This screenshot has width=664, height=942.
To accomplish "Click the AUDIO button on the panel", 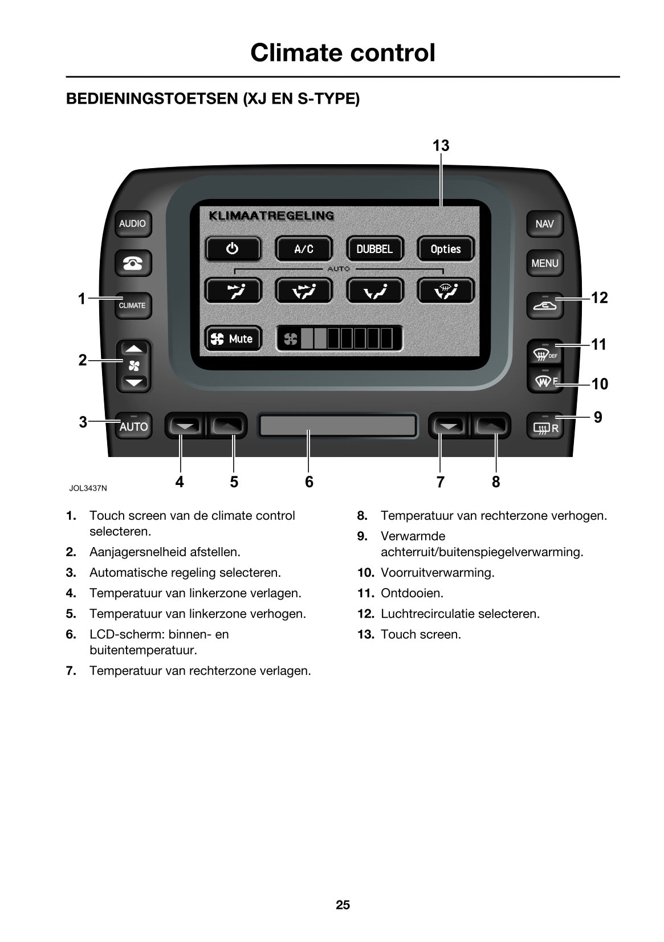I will [132, 223].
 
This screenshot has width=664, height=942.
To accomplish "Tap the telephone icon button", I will [133, 263].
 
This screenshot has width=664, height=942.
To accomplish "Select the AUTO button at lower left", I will [133, 426].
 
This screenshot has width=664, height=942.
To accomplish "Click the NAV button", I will [544, 223].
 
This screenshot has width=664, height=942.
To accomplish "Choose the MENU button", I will [544, 263].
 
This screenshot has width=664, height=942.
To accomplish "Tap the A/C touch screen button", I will [303, 249].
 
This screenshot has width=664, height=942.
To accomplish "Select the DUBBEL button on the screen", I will [374, 249].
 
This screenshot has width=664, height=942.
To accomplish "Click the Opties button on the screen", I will [445, 249].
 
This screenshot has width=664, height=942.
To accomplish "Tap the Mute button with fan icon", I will [233, 339].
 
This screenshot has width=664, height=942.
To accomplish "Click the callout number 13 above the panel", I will [441, 146].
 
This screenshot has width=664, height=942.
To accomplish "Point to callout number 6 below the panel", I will [309, 482].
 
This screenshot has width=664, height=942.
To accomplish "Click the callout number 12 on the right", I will [599, 297].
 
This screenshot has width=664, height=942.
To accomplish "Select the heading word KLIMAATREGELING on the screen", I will [271, 216].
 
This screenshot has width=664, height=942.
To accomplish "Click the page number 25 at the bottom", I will [343, 905].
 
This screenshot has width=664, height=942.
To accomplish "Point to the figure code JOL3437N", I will [88, 488].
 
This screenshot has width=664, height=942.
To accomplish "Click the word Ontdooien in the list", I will [412, 593].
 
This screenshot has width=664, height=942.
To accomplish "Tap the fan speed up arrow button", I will [134, 348].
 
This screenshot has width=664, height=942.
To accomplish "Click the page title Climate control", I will [343, 52].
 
